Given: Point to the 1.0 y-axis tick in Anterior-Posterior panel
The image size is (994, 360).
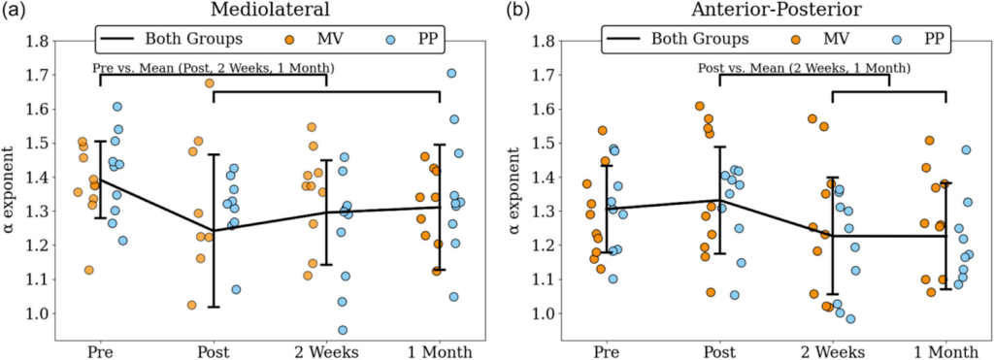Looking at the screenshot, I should click(545, 313).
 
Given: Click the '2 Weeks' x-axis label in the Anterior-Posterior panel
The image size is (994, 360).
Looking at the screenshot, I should click(832, 350).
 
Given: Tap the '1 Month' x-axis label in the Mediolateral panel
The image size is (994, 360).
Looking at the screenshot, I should click(440, 350).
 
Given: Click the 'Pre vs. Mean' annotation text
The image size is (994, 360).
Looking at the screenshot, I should click(214, 69).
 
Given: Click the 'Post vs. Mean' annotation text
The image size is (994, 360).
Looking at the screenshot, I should click(804, 69).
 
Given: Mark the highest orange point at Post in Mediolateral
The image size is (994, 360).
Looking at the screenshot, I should click(209, 83).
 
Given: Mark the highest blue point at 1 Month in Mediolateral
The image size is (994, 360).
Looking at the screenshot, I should click(451, 74).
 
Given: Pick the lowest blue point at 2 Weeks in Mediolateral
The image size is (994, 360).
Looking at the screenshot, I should click(343, 330).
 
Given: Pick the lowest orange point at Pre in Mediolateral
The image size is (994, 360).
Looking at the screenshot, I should click(89, 271).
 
